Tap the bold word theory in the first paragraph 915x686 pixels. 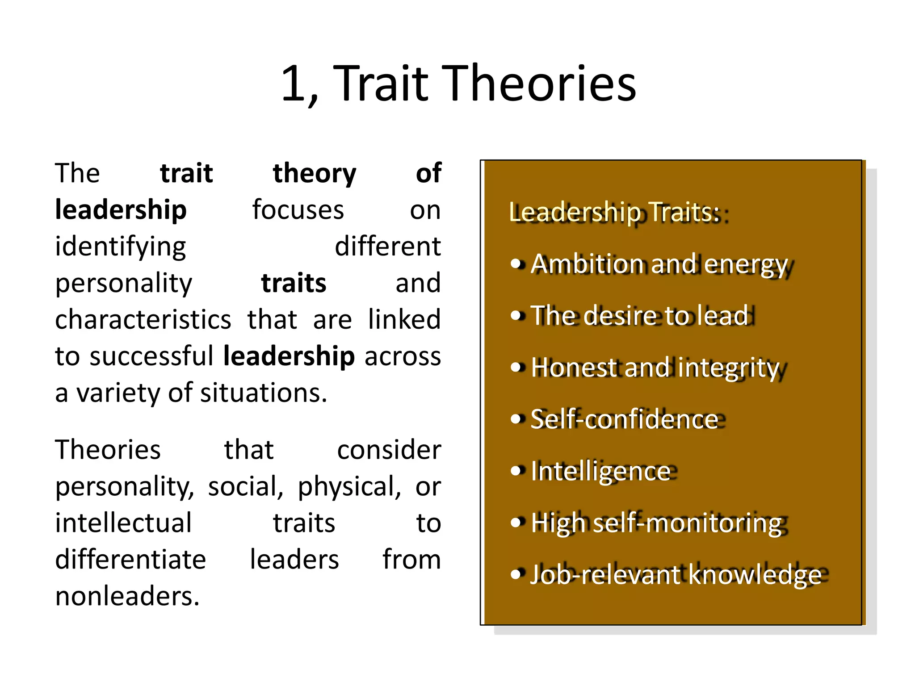[315, 173]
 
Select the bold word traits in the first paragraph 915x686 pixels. [294, 283]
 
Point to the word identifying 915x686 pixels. [121, 247]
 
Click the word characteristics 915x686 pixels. [143, 320]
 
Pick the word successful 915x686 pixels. [151, 356]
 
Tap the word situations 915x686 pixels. [263, 393]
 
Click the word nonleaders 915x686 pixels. [127, 596]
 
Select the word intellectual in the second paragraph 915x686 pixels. [123, 523]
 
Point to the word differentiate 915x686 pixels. [130, 560]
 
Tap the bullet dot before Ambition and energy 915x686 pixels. [516, 264]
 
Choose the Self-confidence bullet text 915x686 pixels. [624, 419]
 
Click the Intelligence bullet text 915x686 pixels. [601, 471]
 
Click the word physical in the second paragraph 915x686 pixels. [349, 487]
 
